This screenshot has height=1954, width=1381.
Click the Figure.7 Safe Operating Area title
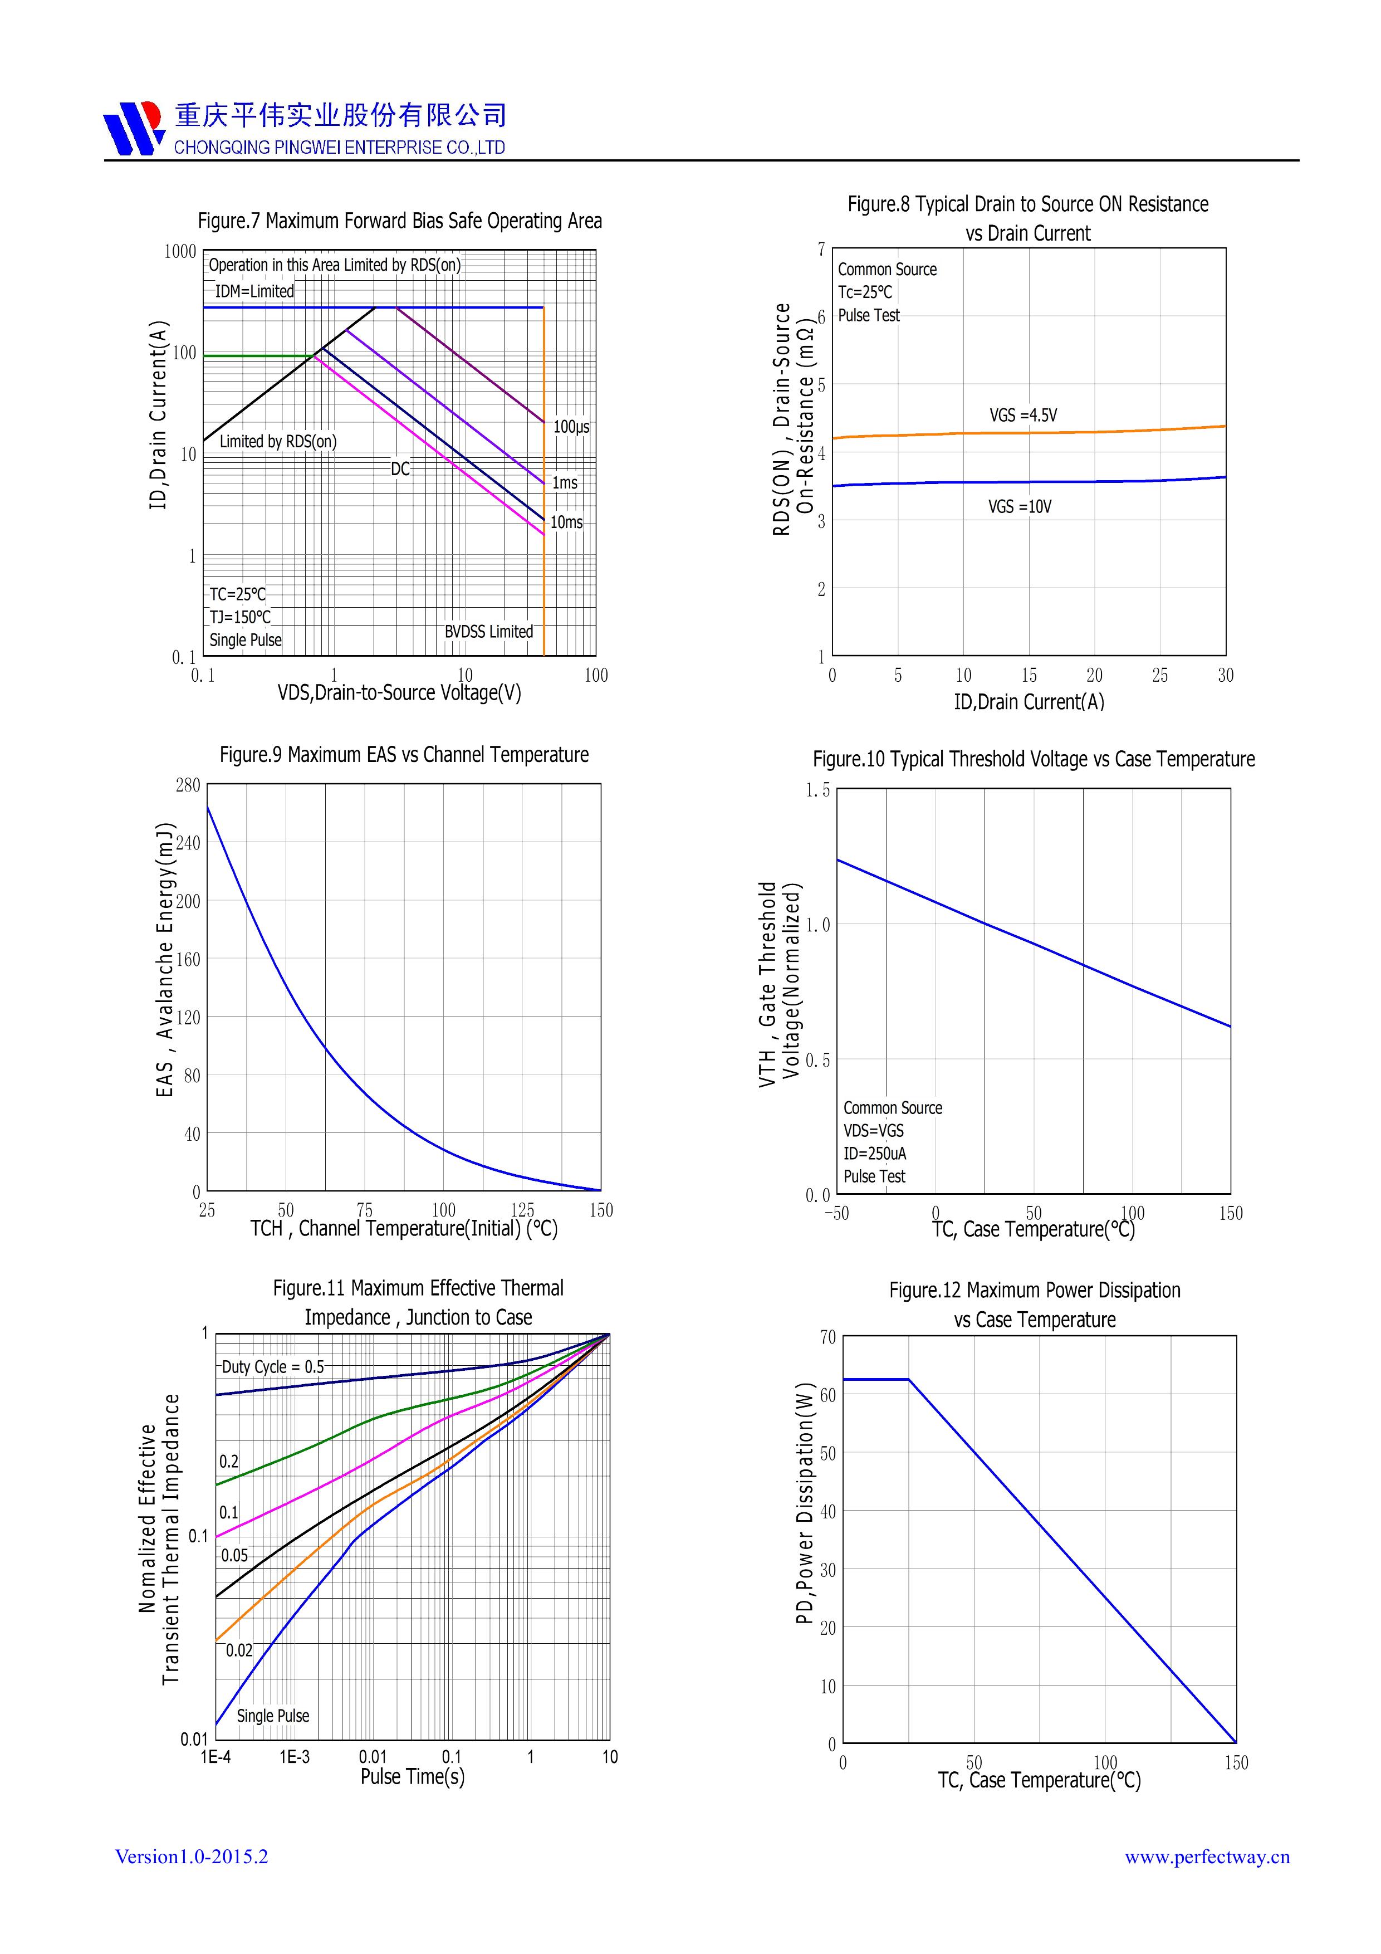pyautogui.click(x=400, y=221)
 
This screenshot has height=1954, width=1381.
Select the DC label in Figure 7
pyautogui.click(x=400, y=469)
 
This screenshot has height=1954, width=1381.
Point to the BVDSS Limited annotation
pyautogui.click(x=488, y=632)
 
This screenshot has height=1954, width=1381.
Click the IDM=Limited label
pyautogui.click(x=254, y=291)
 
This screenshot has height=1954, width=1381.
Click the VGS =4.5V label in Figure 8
pyautogui.click(x=1023, y=416)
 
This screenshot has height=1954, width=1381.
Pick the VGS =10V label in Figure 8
pyautogui.click(x=1020, y=506)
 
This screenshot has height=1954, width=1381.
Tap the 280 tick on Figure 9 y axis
pyautogui.click(x=188, y=785)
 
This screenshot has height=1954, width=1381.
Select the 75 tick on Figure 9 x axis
pyautogui.click(x=364, y=1210)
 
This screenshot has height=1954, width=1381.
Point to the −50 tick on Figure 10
pyautogui.click(x=836, y=1214)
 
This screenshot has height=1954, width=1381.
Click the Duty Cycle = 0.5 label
pyautogui.click(x=273, y=1367)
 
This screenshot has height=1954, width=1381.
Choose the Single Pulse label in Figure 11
pyautogui.click(x=273, y=1716)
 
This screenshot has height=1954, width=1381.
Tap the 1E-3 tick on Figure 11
pyautogui.click(x=295, y=1757)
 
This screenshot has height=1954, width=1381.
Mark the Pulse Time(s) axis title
pyautogui.click(x=413, y=1776)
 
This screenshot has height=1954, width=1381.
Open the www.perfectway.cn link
pyautogui.click(x=1207, y=1857)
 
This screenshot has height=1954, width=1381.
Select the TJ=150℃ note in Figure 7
pyautogui.click(x=241, y=617)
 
